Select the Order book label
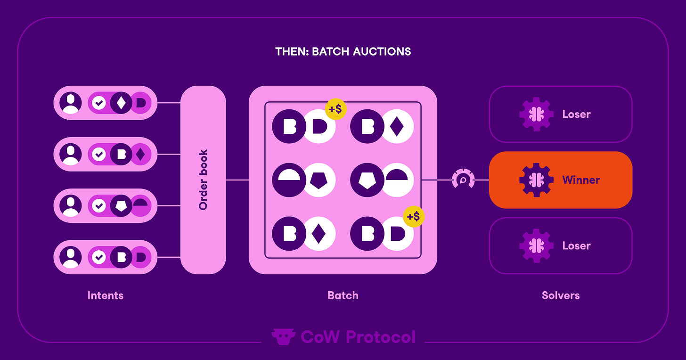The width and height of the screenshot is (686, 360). point(204,180)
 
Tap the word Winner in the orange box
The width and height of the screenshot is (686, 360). point(581,180)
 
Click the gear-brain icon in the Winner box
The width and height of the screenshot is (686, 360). point(536,180)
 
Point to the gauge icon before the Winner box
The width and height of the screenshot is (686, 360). point(463,180)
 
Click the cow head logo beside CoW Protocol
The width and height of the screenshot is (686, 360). point(283,337)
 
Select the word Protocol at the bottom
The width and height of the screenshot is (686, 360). point(380,337)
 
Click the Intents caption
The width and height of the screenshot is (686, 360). point(106,295)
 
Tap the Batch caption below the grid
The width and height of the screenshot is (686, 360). point(343,295)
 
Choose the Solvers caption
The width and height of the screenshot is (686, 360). point(561,295)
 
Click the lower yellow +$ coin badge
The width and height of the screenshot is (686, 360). point(414,217)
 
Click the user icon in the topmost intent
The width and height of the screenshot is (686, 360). point(71,103)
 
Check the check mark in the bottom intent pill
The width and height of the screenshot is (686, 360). point(99,257)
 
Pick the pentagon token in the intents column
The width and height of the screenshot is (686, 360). point(122,206)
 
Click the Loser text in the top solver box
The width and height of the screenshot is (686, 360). point(576,115)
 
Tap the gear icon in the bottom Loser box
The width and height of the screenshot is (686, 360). point(536,245)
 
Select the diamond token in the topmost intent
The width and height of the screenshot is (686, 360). point(121,103)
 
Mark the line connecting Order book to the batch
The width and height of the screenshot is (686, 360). point(237,180)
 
